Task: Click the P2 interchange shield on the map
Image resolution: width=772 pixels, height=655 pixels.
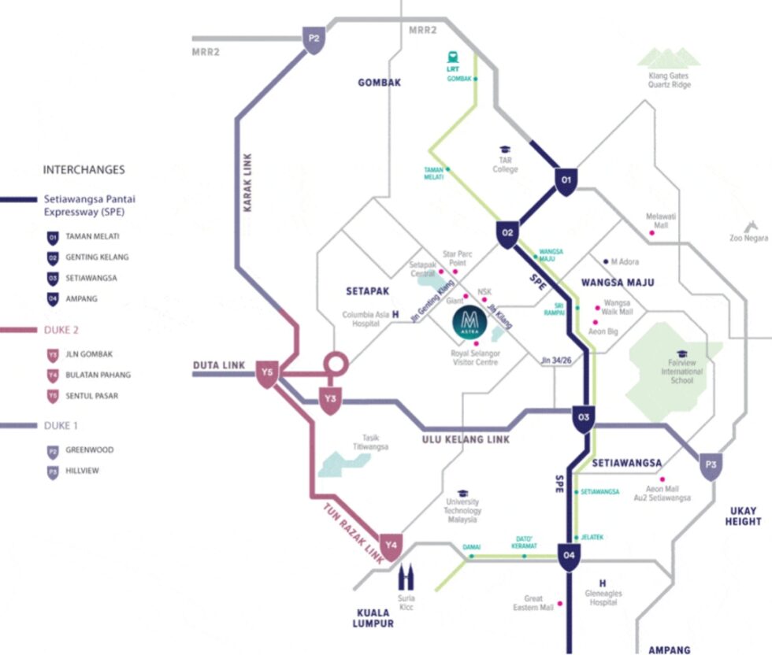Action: click(x=314, y=38)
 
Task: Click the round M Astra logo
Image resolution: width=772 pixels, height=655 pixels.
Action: click(x=470, y=323)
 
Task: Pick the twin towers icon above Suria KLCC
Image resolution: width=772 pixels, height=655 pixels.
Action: click(x=406, y=579)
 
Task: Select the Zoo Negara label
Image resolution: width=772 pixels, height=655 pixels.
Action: click(x=746, y=237)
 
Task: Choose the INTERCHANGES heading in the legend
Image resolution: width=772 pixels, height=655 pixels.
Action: click(x=84, y=169)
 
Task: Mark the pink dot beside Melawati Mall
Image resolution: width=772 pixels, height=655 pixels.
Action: click(x=651, y=233)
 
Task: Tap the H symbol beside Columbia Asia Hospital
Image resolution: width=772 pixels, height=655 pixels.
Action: click(x=395, y=315)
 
